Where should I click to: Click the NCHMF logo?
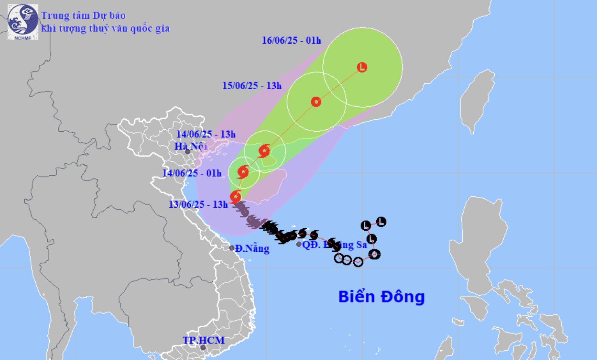[23, 22]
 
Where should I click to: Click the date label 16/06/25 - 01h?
[291, 40]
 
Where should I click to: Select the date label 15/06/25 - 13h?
[251, 86]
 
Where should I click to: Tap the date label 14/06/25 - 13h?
[206, 134]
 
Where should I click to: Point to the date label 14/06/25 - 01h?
[192, 173]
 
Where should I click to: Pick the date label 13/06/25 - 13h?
[198, 204]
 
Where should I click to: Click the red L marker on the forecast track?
[362, 67]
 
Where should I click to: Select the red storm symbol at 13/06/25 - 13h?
[235, 197]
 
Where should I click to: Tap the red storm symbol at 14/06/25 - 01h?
[243, 172]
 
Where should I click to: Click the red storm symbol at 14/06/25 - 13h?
[264, 151]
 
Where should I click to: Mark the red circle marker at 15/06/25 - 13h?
[316, 102]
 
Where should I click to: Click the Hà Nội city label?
[191, 146]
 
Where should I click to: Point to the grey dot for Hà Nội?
[188, 152]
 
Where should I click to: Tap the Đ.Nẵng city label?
[252, 248]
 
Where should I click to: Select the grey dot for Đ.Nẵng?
[232, 248]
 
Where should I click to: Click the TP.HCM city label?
[203, 340]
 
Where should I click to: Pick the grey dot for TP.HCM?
[203, 347]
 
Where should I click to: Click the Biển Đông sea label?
[381, 297]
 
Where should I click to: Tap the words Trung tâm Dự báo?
[83, 16]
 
